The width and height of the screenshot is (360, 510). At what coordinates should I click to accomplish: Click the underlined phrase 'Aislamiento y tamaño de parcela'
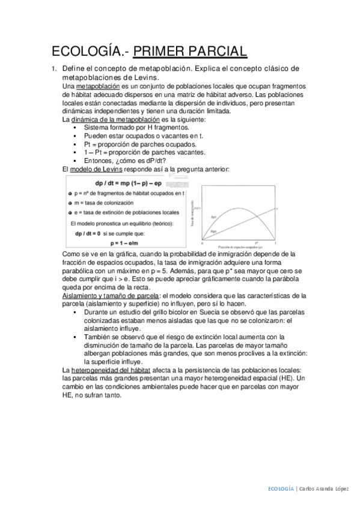click(111, 296)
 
